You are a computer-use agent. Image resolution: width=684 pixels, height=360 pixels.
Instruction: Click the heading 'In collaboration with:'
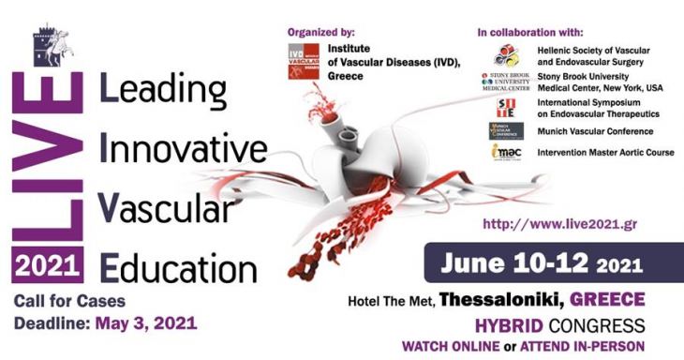coord(528,32)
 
